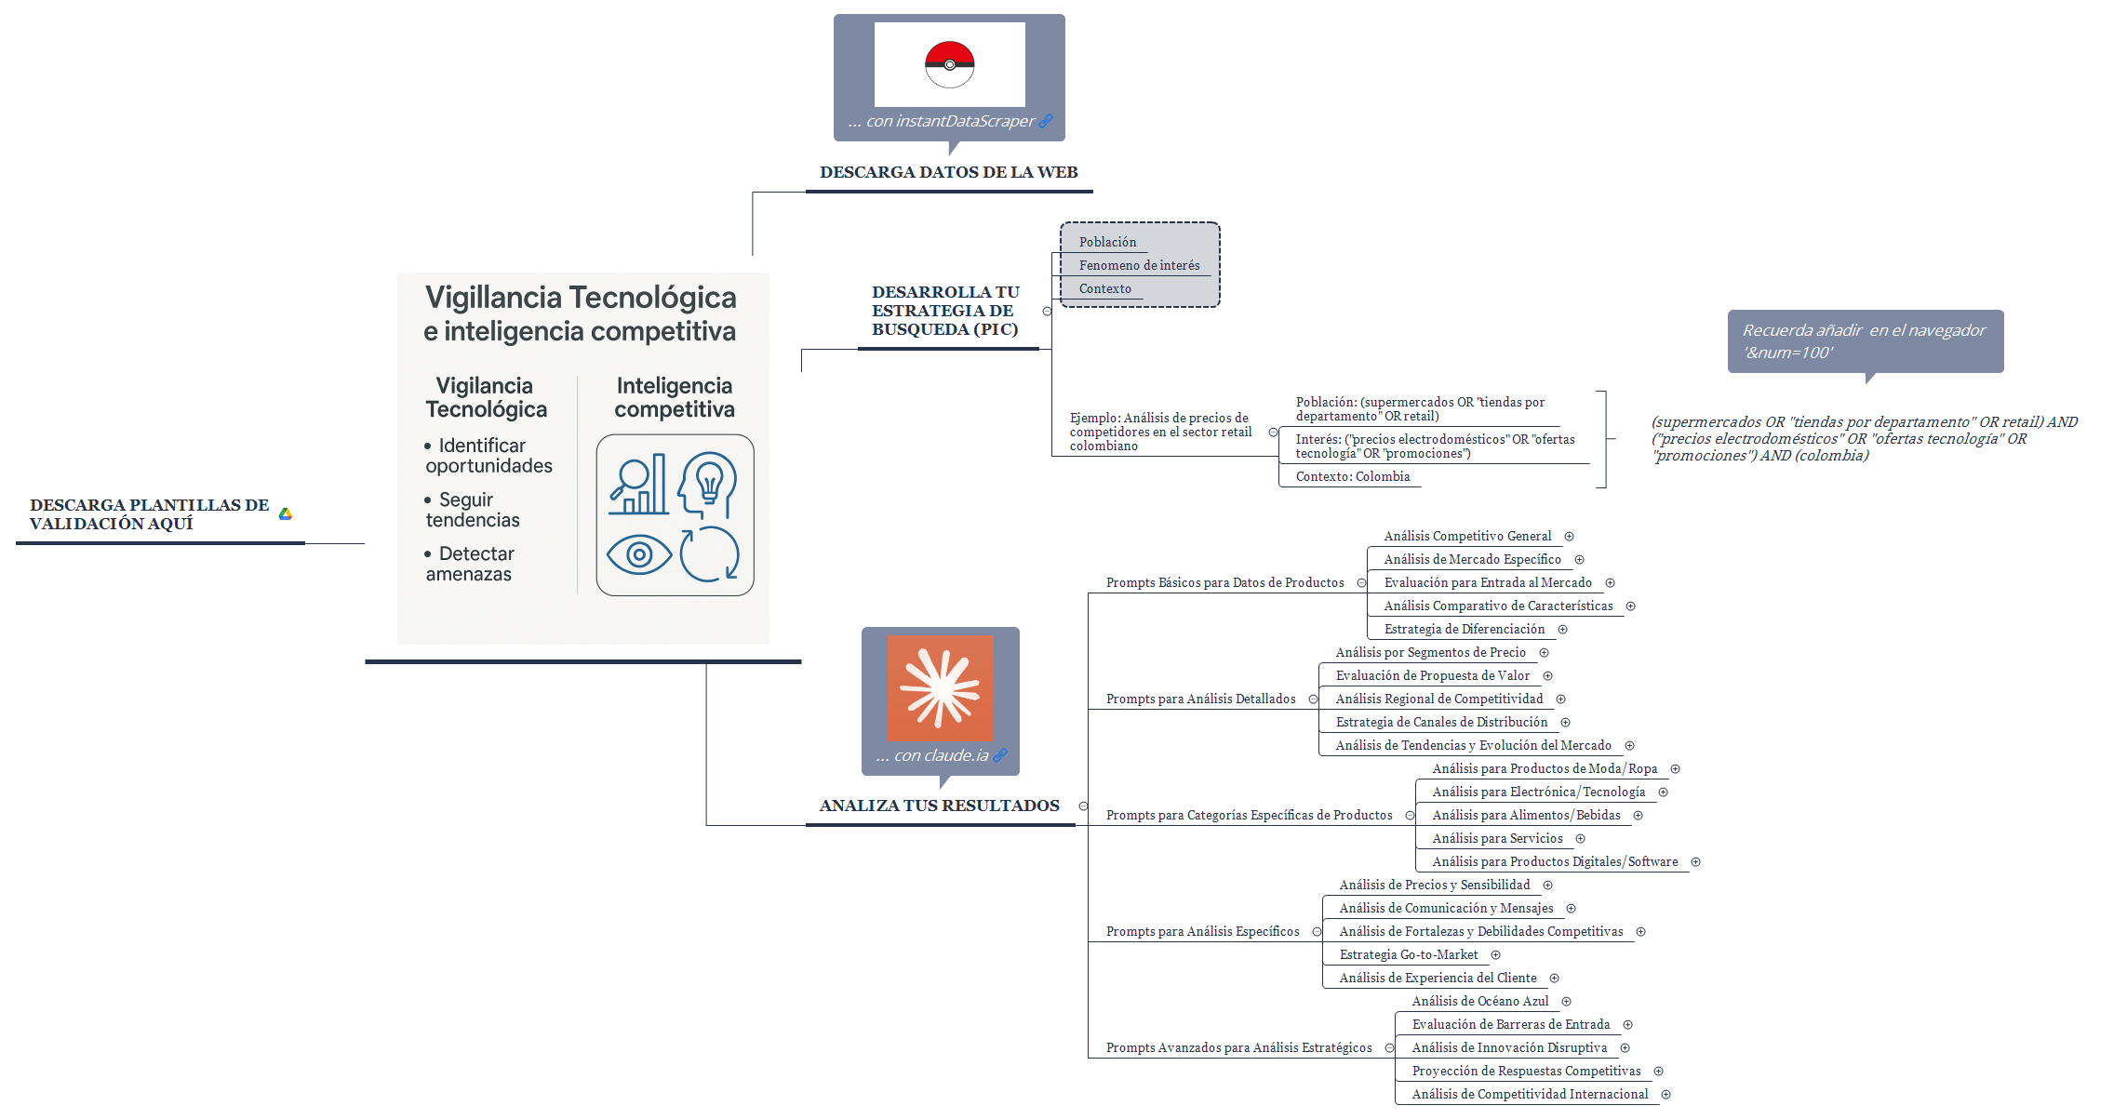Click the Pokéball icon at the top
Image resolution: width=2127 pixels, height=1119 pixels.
pyautogui.click(x=949, y=64)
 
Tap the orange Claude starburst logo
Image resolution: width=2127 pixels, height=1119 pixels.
pyautogui.click(x=940, y=688)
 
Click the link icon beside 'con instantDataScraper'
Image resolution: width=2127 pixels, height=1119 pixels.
pyautogui.click(x=1046, y=121)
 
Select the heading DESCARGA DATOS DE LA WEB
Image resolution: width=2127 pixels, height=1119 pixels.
pyautogui.click(x=948, y=172)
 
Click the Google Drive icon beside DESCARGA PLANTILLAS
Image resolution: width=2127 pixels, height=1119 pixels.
pyautogui.click(x=286, y=513)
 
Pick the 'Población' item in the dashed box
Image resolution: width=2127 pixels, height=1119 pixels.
pyautogui.click(x=1107, y=242)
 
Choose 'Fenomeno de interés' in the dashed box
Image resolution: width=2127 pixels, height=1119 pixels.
pyautogui.click(x=1139, y=265)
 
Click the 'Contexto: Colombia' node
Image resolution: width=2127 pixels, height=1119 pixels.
pyautogui.click(x=1352, y=476)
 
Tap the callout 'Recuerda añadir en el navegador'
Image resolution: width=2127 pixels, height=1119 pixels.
pyautogui.click(x=1865, y=341)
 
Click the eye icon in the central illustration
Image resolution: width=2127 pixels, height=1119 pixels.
pyautogui.click(x=638, y=555)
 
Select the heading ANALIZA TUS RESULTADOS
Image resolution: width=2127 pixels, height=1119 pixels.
pyautogui.click(x=939, y=806)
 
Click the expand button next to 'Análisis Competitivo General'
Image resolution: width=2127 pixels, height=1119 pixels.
pyautogui.click(x=1569, y=537)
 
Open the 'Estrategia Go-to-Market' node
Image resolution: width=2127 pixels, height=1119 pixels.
pyautogui.click(x=1408, y=954)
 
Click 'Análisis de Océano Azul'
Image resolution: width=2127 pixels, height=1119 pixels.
pyautogui.click(x=1479, y=1001)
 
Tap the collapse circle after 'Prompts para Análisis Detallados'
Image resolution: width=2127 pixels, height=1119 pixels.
pyautogui.click(x=1313, y=699)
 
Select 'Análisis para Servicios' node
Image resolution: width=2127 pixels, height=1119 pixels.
pyautogui.click(x=1497, y=838)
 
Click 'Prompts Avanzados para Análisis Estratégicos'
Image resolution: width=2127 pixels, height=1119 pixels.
pyautogui.click(x=1238, y=1047)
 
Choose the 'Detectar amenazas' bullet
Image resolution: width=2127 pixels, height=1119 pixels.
pyautogui.click(x=470, y=564)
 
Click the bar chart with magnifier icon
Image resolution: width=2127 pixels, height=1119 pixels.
pyautogui.click(x=638, y=485)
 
